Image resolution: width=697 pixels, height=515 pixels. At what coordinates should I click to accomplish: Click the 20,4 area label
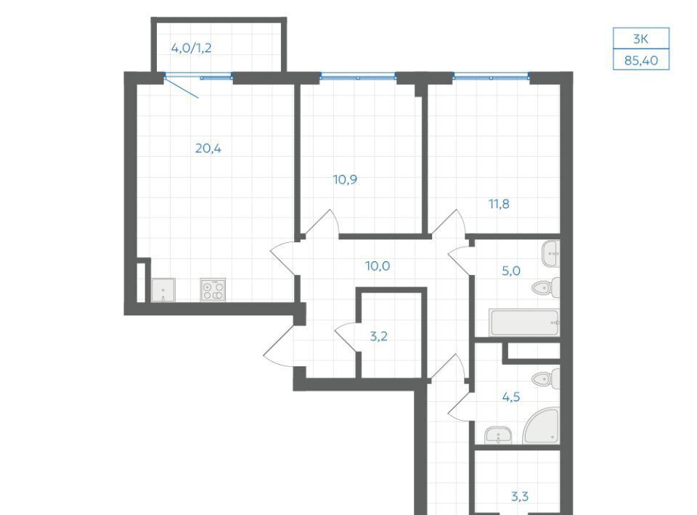click(208, 148)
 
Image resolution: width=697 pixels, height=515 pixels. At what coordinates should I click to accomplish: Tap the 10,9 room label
click(345, 179)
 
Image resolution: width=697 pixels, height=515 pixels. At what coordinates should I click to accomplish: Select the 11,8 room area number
click(499, 204)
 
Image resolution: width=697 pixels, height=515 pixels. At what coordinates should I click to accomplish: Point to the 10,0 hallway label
click(378, 266)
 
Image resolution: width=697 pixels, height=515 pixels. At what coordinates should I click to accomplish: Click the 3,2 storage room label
click(379, 336)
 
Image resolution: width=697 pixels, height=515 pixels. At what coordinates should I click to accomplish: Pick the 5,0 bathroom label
click(510, 271)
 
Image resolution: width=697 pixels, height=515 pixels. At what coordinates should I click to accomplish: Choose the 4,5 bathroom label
click(510, 397)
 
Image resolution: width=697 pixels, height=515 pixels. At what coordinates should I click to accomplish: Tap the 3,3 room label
click(520, 496)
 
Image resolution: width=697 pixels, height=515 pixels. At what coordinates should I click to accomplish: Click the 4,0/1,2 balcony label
click(191, 47)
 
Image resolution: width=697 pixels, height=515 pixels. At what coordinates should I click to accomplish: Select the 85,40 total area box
click(641, 60)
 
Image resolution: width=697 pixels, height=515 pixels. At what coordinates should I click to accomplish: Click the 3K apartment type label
click(640, 39)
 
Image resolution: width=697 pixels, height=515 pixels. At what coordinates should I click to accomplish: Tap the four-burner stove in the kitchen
click(213, 290)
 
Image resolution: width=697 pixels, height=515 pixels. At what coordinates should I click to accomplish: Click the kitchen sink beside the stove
click(163, 290)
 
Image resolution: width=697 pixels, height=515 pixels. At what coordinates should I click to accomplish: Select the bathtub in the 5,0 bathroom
click(524, 322)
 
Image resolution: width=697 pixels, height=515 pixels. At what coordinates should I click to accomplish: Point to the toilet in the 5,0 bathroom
click(546, 288)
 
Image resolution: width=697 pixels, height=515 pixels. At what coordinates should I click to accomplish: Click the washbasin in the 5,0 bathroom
click(551, 254)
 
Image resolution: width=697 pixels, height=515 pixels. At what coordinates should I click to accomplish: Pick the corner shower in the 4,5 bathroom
click(542, 426)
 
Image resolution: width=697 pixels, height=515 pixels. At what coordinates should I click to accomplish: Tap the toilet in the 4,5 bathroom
click(546, 379)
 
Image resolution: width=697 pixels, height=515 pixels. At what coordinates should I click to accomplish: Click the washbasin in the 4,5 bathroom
click(498, 435)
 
